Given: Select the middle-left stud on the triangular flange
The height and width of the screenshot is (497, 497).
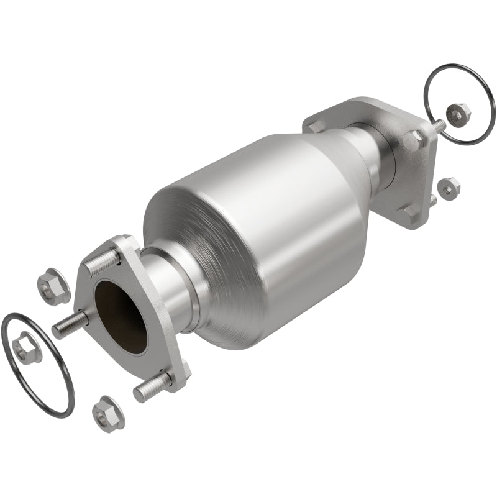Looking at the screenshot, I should (68, 325).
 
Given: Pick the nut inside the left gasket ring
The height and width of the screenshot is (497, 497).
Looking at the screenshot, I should (27, 348).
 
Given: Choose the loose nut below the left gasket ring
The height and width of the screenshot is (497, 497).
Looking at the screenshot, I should (108, 413).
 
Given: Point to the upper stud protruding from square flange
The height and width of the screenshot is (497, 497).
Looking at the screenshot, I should (439, 125).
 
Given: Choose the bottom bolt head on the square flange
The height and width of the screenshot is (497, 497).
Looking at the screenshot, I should (410, 211).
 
